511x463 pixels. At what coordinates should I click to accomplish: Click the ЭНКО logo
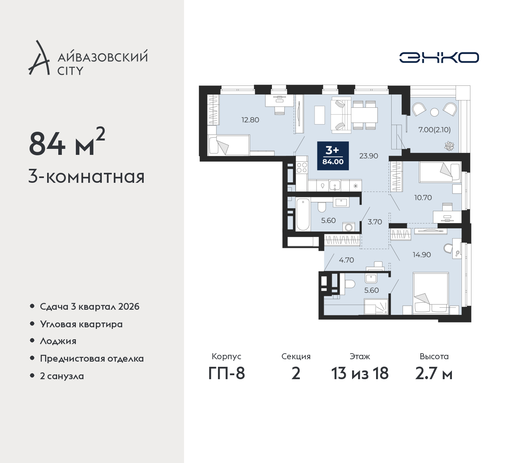439,57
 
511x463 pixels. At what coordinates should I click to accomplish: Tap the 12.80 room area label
250,120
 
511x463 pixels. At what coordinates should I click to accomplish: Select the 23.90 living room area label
368,156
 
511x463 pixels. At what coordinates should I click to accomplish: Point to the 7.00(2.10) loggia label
435,130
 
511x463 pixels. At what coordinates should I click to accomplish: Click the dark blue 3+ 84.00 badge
333,156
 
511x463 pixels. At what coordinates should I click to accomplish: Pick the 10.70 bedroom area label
423,197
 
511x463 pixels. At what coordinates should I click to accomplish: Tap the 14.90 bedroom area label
422,254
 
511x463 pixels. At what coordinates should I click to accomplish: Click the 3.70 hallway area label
375,222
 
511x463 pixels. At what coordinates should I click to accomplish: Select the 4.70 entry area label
347,260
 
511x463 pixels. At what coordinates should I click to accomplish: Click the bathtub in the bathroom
303,214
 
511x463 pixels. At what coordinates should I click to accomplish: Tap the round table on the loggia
434,112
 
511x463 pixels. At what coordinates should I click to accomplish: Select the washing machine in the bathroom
349,227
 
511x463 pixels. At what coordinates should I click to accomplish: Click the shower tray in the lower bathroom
376,307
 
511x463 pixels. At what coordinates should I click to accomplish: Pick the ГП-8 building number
226,373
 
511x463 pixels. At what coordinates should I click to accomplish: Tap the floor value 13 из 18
360,373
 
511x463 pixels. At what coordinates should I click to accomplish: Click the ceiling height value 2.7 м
434,373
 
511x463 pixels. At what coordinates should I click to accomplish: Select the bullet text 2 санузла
62,376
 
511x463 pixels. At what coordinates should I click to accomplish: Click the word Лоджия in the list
58,341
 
